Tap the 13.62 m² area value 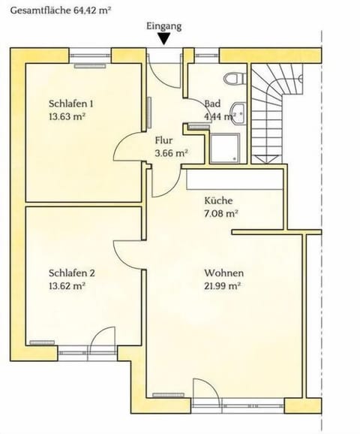(x=67, y=285)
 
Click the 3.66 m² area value (x=169, y=152)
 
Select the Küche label (x=219, y=201)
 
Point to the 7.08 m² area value (x=221, y=213)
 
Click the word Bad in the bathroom (x=211, y=104)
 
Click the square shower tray (x=226, y=148)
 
